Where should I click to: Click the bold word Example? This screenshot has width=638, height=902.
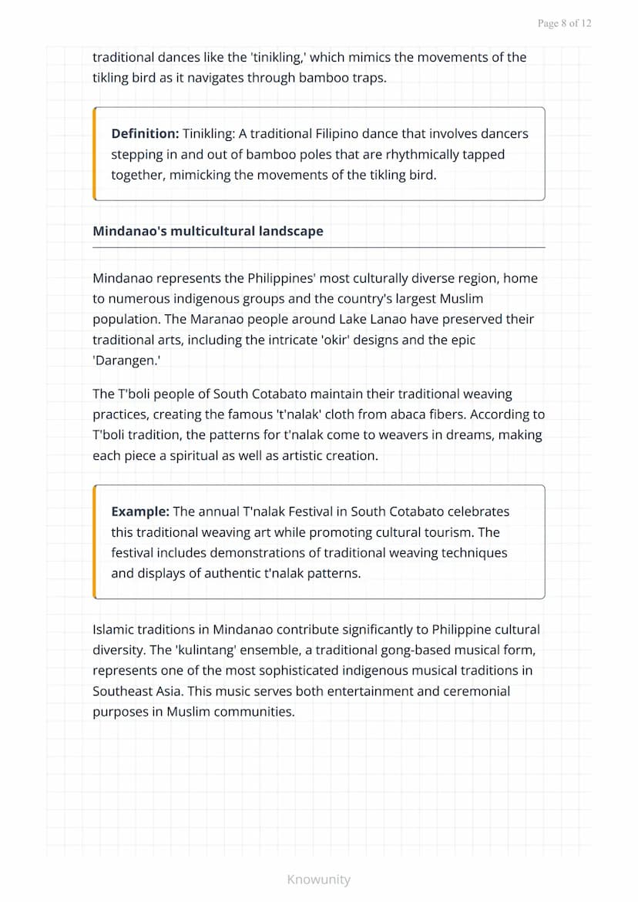coord(140,511)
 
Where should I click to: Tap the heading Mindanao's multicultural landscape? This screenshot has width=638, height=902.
coord(208,231)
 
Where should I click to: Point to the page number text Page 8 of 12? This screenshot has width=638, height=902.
coord(565,23)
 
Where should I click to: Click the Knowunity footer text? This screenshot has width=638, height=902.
coord(318,880)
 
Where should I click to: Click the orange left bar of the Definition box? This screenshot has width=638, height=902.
coord(94,154)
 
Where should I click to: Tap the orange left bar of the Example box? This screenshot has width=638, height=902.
coord(94,542)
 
